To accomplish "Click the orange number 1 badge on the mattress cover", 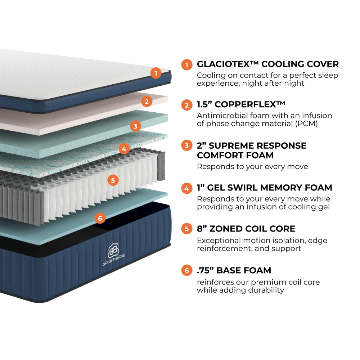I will coord(156,73).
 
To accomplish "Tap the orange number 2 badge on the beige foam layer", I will coord(146,102).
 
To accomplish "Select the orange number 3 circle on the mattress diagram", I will coord(135,126).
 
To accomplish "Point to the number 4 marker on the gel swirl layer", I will coord(124,148).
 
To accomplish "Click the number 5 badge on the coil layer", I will coord(113,180).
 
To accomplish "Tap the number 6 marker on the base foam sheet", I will coord(100,218).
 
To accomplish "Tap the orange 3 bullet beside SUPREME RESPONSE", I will coord(186,146).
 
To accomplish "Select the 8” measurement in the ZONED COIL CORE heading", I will coord(202,229).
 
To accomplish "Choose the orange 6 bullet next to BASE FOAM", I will coord(186,270).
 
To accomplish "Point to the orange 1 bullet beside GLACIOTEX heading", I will coord(186,65).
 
